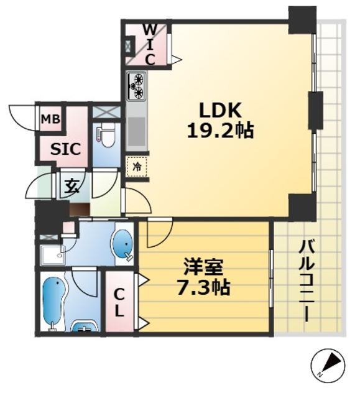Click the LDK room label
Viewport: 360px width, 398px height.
coord(219,110)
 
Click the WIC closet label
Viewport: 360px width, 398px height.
coord(150,44)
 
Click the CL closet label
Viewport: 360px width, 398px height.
coord(120,303)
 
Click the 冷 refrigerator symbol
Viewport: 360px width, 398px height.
coord(137,167)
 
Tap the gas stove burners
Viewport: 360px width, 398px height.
coord(136,86)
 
